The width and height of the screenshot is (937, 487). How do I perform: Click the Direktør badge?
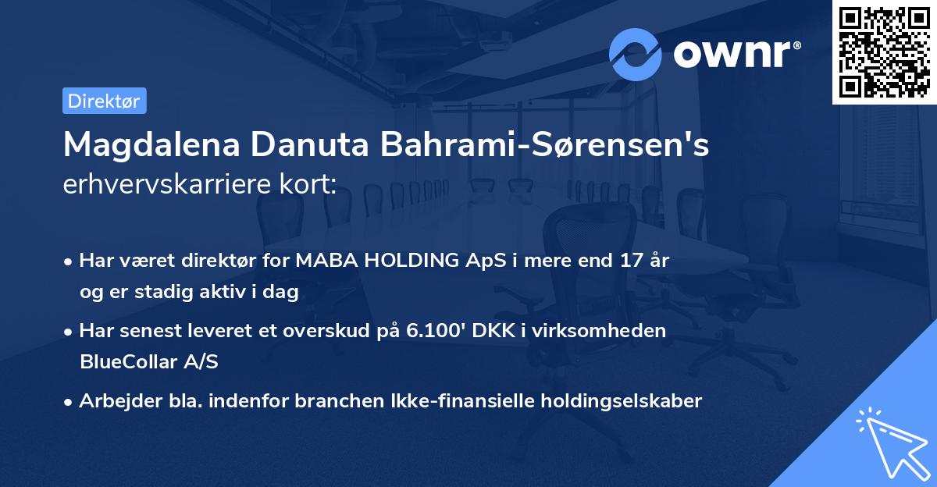104,101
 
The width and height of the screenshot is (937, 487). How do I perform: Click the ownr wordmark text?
737,54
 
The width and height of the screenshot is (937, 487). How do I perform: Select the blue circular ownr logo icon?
636,54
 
